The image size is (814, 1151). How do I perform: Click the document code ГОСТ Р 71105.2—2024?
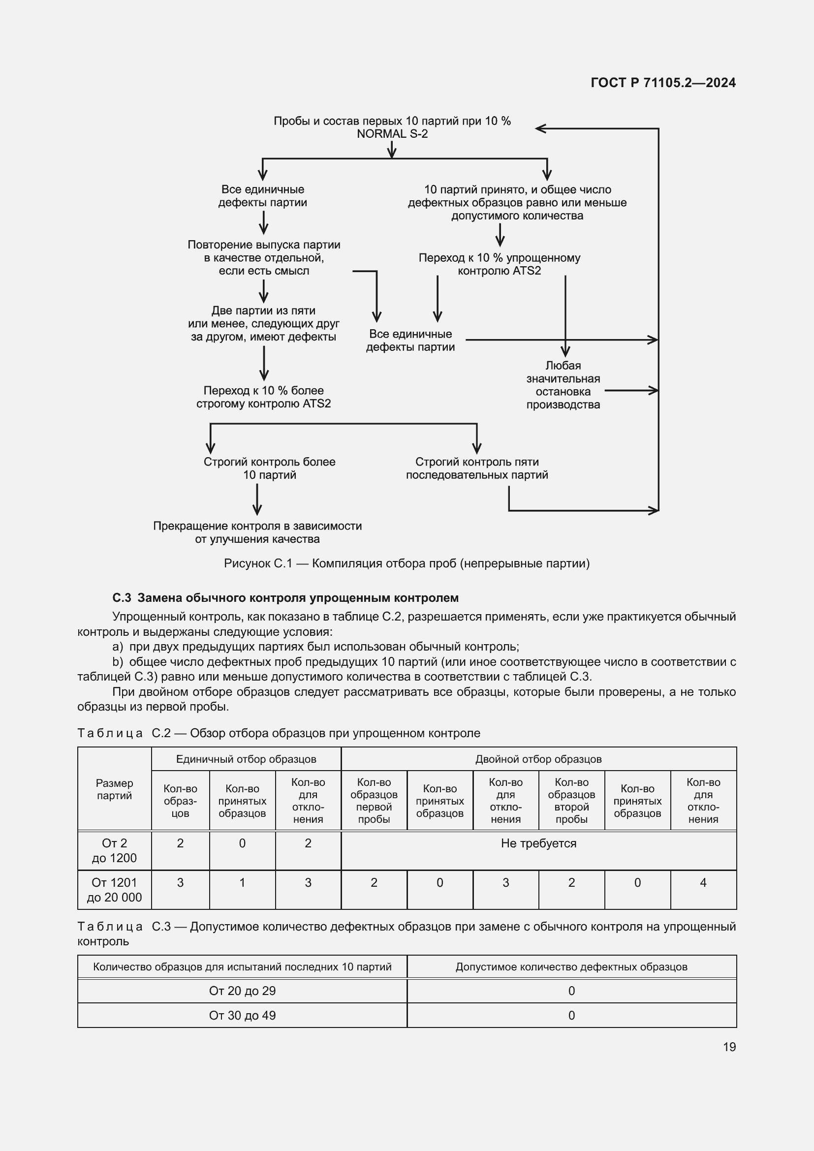point(662,83)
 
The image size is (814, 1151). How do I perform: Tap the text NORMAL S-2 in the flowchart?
point(392,134)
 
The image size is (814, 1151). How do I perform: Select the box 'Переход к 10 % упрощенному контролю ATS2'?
point(499,264)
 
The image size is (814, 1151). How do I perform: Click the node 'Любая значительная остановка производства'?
point(563,385)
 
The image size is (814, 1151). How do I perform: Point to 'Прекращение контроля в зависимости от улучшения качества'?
point(257,532)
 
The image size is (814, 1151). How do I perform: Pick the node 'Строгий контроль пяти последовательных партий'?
point(477,468)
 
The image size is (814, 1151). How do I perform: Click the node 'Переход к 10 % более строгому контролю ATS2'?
point(264,397)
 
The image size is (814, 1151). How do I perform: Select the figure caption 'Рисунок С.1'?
point(407,563)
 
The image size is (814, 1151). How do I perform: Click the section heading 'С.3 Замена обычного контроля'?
point(285,597)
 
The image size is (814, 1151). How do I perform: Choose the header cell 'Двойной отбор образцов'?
point(538,759)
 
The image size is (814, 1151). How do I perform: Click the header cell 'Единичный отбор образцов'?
point(246,759)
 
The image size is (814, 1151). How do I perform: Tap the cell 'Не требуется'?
point(538,843)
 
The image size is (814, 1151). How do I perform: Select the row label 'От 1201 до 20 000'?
point(114,890)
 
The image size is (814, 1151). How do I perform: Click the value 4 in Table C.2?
point(703,883)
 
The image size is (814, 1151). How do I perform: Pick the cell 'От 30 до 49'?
point(242,1015)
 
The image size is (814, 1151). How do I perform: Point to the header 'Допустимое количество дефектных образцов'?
point(571,967)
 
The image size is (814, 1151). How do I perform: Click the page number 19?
point(729,1047)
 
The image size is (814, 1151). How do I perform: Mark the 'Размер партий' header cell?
point(114,789)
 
